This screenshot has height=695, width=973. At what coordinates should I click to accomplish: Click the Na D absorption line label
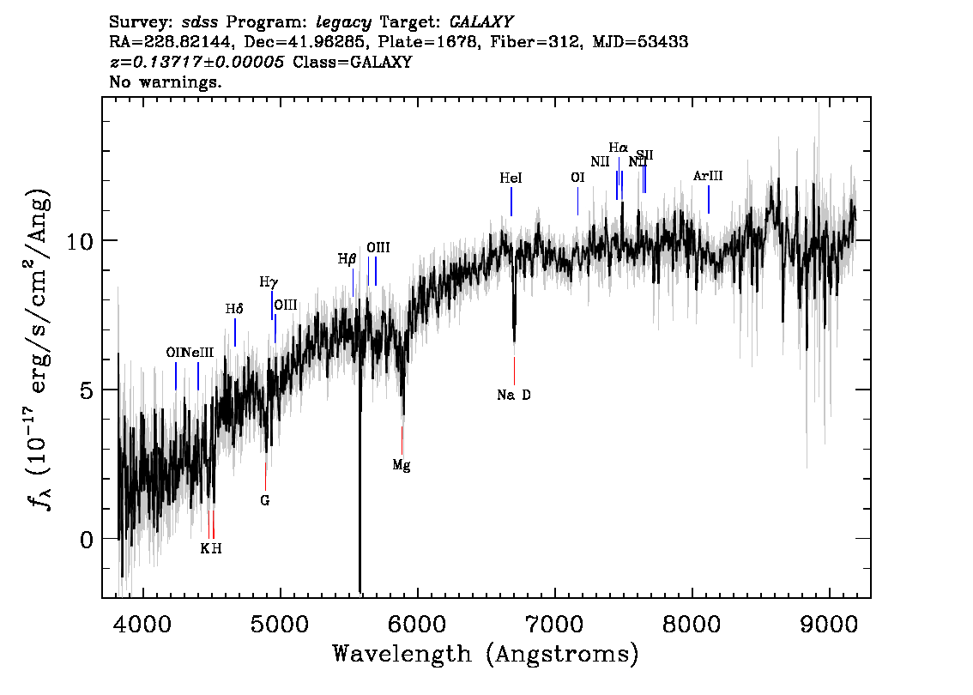[514, 396]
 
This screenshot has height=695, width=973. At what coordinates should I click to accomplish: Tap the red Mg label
[402, 465]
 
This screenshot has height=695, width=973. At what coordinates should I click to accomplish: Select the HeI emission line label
[511, 178]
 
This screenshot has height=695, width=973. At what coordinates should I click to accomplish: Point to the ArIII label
[709, 176]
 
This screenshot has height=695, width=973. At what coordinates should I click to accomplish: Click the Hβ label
[347, 258]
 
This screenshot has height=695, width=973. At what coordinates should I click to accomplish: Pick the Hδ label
[234, 309]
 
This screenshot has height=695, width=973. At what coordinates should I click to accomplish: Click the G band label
[265, 500]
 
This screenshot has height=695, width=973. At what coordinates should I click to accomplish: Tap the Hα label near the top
[619, 148]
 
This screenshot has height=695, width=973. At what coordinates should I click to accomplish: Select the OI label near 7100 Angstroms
[577, 178]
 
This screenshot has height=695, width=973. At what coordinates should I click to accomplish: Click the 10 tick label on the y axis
[82, 240]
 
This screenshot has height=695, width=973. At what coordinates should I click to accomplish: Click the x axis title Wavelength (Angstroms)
[486, 655]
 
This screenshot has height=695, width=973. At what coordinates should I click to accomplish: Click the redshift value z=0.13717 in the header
[197, 63]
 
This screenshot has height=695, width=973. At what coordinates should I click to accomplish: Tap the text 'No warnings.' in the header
[166, 83]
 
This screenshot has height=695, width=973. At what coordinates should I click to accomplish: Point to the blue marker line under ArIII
[709, 199]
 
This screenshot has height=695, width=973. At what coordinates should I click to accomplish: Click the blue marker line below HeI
[511, 202]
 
